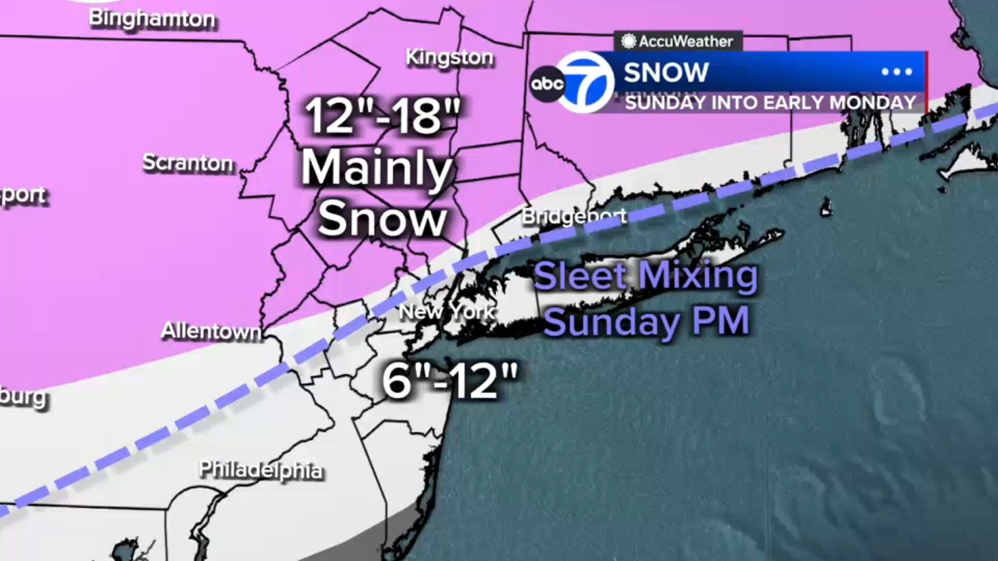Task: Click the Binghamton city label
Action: click(152, 19)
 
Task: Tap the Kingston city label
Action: click(449, 57)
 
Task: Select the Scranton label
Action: click(188, 163)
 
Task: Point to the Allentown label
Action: click(211, 330)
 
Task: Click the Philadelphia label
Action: click(261, 469)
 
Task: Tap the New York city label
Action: click(447, 311)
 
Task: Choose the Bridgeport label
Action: click(574, 216)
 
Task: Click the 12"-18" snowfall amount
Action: click(382, 117)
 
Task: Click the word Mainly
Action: click(377, 168)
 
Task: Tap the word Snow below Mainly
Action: click(382, 219)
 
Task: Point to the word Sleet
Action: click(580, 276)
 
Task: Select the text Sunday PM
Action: click(646, 322)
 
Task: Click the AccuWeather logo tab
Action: click(677, 41)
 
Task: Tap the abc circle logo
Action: click(547, 84)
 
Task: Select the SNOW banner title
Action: click(666, 72)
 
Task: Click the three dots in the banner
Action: click(896, 72)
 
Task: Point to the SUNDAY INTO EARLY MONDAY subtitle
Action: click(770, 102)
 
